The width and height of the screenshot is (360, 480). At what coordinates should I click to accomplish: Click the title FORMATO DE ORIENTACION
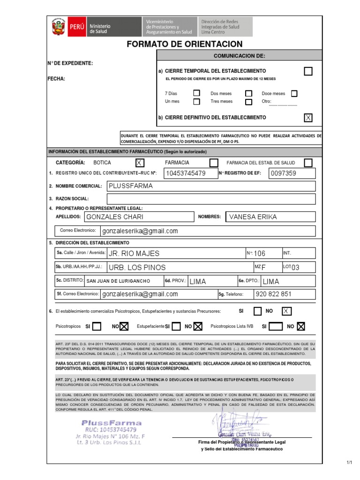coord(185,45)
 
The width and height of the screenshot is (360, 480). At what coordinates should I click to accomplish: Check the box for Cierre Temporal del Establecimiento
coord(308,71)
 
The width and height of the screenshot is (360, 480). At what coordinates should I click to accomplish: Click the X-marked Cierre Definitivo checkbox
coord(308,118)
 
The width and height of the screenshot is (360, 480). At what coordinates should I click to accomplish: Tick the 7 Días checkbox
coord(197,93)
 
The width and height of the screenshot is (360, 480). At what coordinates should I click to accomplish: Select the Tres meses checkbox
coord(249,101)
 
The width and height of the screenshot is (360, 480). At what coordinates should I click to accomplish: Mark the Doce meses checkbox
coord(294,93)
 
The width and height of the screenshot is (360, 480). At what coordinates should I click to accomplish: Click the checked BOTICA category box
coord(140,163)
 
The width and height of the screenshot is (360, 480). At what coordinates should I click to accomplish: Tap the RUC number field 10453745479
coord(190,173)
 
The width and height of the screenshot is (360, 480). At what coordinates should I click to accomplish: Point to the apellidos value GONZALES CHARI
coord(138,217)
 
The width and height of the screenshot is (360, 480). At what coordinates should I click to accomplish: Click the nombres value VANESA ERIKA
coord(270,217)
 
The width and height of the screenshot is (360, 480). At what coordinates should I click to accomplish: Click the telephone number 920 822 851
coord(284,294)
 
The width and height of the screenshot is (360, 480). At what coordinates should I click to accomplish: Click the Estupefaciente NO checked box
coord(198,326)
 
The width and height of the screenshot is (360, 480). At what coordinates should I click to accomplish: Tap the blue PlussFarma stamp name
coord(111,423)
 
